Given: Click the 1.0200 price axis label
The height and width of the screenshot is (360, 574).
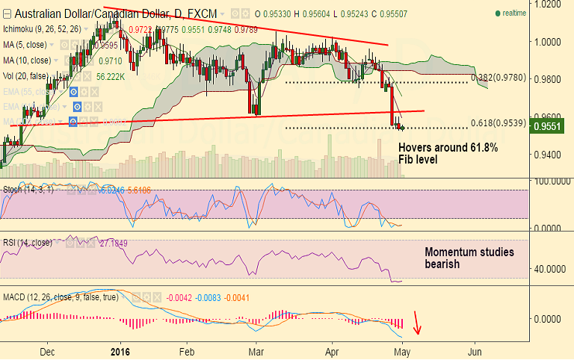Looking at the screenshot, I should click(x=552, y=4).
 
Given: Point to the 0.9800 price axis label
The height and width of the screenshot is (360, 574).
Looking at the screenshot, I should click(x=552, y=79).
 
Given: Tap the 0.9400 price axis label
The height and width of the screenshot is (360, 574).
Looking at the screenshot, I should click(x=552, y=155).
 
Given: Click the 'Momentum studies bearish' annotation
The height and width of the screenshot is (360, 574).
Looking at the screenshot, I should click(x=469, y=258).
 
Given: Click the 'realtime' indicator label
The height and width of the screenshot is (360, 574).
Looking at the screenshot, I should click(x=513, y=13).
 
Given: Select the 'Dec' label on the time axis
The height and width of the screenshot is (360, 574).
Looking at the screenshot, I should click(x=46, y=350).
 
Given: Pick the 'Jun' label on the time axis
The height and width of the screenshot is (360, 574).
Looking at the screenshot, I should click(x=473, y=350).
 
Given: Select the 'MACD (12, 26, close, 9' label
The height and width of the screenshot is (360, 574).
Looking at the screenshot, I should click(x=52, y=298).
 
